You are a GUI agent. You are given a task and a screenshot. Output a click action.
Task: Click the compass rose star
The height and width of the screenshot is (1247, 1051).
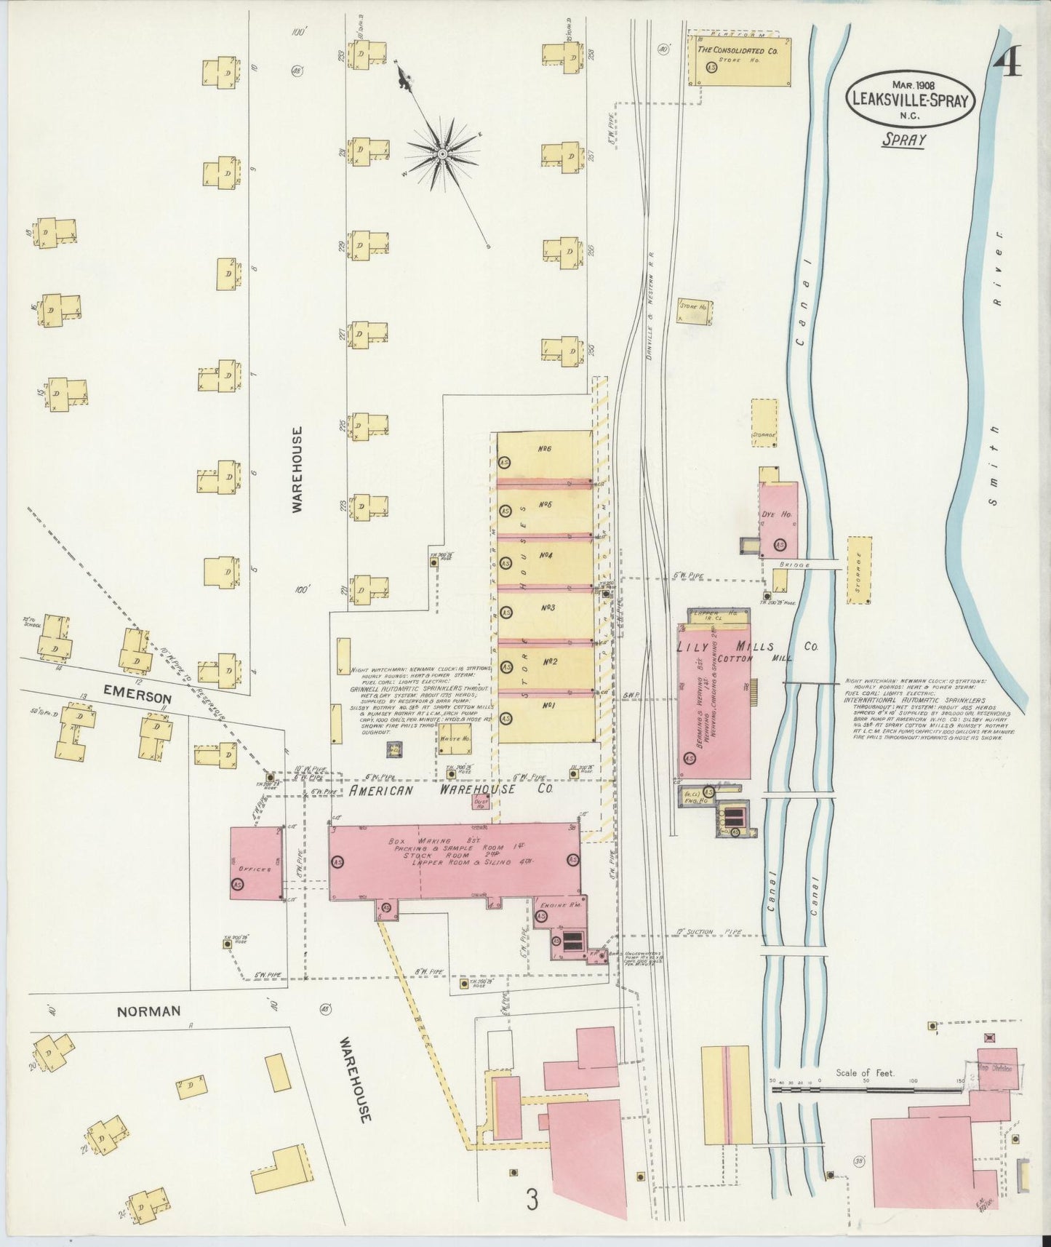click(x=441, y=154)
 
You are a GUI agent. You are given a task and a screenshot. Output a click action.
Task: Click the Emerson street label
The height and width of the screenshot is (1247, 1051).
click(x=137, y=697)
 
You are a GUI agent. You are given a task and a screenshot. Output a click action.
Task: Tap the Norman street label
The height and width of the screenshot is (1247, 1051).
click(x=147, y=1011)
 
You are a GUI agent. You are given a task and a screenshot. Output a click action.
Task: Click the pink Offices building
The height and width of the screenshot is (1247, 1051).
click(x=256, y=863)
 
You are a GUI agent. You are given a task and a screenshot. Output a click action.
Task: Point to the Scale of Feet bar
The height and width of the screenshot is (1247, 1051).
click(x=866, y=1089)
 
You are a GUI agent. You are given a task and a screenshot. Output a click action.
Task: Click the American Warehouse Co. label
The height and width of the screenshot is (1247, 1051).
click(x=452, y=789)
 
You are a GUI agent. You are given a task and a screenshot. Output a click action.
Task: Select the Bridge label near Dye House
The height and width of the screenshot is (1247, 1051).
click(x=788, y=564)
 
